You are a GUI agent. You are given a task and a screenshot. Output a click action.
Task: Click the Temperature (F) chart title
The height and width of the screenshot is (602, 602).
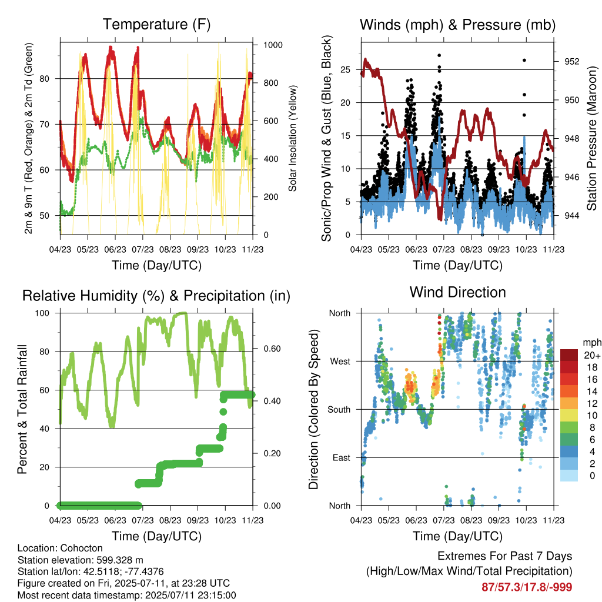[156, 24]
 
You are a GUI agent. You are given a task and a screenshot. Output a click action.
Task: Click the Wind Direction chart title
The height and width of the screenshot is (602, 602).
[457, 292]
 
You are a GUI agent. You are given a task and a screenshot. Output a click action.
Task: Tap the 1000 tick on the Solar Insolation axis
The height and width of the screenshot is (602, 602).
[273, 45]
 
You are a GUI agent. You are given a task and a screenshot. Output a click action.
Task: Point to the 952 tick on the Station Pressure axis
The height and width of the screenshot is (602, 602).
[571, 61]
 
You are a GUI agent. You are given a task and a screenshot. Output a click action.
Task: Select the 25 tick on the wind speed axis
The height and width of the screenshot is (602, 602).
[345, 69]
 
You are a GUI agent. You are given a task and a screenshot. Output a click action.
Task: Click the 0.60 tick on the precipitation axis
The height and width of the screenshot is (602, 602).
[272, 349]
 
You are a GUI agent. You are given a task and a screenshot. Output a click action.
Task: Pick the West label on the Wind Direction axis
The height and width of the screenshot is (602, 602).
[340, 362]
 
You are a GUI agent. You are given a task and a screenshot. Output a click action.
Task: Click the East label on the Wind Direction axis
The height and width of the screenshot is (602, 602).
[342, 457]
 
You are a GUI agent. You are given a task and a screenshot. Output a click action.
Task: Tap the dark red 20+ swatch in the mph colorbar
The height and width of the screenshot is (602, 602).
[568, 355]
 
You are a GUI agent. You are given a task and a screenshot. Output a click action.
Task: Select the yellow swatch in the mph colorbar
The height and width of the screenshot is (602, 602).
[568, 416]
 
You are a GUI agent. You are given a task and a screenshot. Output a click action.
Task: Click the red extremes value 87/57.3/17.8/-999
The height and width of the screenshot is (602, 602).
[527, 587]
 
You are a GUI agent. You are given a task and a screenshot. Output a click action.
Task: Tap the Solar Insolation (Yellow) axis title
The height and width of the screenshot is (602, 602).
[293, 138]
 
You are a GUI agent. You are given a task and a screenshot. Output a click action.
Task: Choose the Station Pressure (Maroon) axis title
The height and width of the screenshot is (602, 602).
[591, 138]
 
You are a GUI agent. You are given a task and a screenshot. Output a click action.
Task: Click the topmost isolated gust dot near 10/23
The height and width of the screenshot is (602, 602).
[524, 61]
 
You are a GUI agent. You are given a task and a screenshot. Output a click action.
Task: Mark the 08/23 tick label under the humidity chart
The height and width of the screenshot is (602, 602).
[170, 520]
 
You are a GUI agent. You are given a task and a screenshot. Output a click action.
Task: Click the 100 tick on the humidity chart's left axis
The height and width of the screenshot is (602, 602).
[42, 313]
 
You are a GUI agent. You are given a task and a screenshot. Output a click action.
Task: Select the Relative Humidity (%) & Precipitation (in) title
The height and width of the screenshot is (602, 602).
[156, 296]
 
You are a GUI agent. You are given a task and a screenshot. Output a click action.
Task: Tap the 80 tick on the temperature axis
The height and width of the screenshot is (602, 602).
[45, 78]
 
